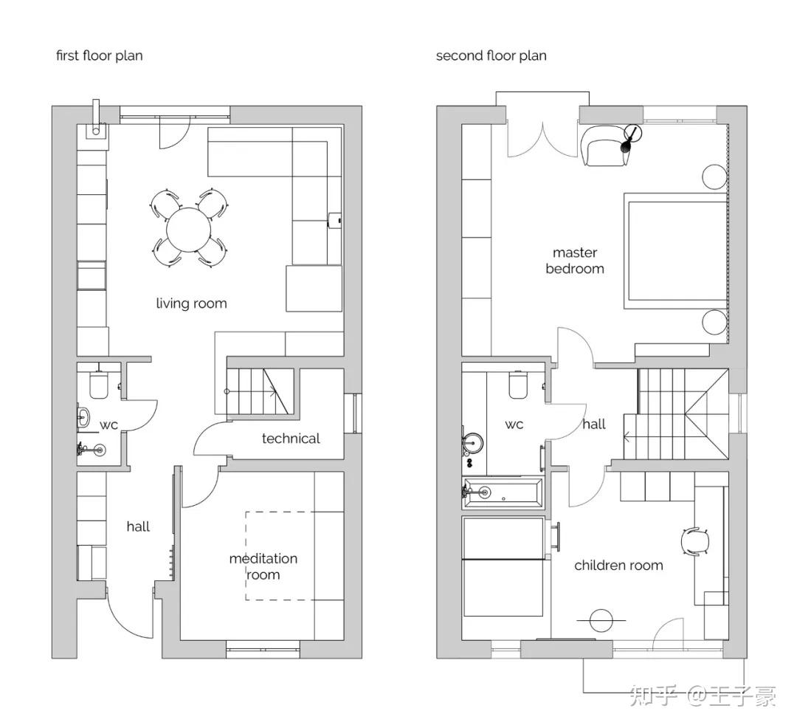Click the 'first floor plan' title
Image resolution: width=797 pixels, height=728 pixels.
(x=99, y=55)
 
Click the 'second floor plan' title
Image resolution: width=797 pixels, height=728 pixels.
(x=491, y=55)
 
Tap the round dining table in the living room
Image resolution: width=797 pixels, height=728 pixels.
(x=189, y=230)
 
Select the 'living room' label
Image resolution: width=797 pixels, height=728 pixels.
(x=191, y=303)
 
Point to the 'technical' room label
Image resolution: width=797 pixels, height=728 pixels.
(x=291, y=439)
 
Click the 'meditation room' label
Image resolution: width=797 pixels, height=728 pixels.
(x=263, y=566)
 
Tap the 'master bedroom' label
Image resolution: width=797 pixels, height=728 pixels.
(x=575, y=261)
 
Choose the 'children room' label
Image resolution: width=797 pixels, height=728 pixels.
(x=618, y=566)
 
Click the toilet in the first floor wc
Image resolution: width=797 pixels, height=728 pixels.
(x=99, y=385)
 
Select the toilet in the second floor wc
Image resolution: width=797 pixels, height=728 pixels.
(x=519, y=385)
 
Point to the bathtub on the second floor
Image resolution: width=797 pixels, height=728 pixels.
(x=503, y=492)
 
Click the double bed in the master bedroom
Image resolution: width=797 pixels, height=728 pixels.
(x=675, y=250)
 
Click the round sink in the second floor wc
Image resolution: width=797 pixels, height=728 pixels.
(x=473, y=443)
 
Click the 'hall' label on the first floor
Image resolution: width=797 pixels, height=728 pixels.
(x=138, y=526)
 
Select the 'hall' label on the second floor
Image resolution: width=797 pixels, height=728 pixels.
(x=593, y=424)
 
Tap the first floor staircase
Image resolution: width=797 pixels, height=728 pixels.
(x=260, y=391)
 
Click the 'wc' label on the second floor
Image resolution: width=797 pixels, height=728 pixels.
(x=514, y=425)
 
